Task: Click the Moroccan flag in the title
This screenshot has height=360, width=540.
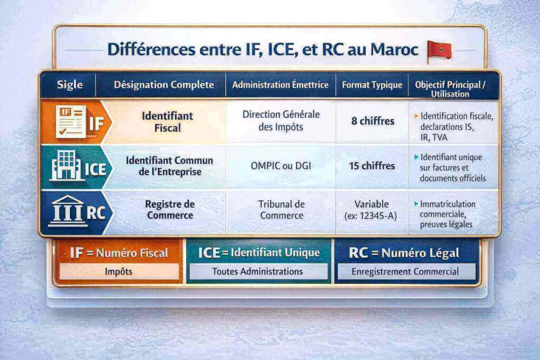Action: (439, 51)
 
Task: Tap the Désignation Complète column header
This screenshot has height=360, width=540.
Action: (164, 85)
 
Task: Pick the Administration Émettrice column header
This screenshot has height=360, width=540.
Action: (280, 85)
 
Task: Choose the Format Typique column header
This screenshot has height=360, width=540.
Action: (372, 85)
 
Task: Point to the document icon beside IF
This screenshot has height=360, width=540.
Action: (71, 121)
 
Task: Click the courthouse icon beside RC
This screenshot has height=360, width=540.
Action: (67, 211)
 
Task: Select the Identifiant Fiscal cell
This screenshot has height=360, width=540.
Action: (168, 121)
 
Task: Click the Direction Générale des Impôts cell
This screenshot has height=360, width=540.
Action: (281, 121)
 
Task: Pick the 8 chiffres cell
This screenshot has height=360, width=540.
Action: (373, 121)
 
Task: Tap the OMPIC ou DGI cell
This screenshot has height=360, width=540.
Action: (281, 166)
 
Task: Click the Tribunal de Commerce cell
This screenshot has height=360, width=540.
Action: (281, 210)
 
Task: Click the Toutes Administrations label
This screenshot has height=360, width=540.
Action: (258, 271)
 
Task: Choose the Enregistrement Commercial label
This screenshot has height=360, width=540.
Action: (406, 271)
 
